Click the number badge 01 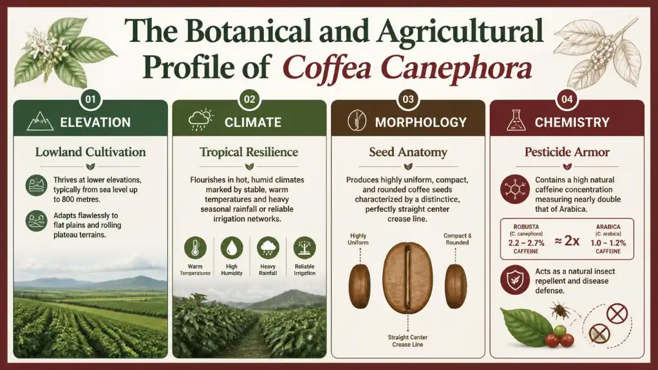point(91,99)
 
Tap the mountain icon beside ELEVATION point(40,122)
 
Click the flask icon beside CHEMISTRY point(516,120)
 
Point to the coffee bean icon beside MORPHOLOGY point(357,120)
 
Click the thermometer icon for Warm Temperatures point(195,248)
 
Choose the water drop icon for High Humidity point(232,248)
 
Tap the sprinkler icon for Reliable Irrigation point(305,248)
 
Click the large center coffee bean point(407,278)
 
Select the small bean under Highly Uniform point(360,286)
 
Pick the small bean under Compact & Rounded point(456,286)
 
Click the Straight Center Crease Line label point(407,341)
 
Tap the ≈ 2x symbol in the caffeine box point(567,241)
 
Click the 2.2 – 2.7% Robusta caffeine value point(526,243)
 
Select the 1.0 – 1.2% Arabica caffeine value point(608,243)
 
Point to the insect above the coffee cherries point(560,312)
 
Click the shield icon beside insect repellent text point(515,280)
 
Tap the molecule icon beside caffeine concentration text point(515,189)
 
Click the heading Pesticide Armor point(567,152)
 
